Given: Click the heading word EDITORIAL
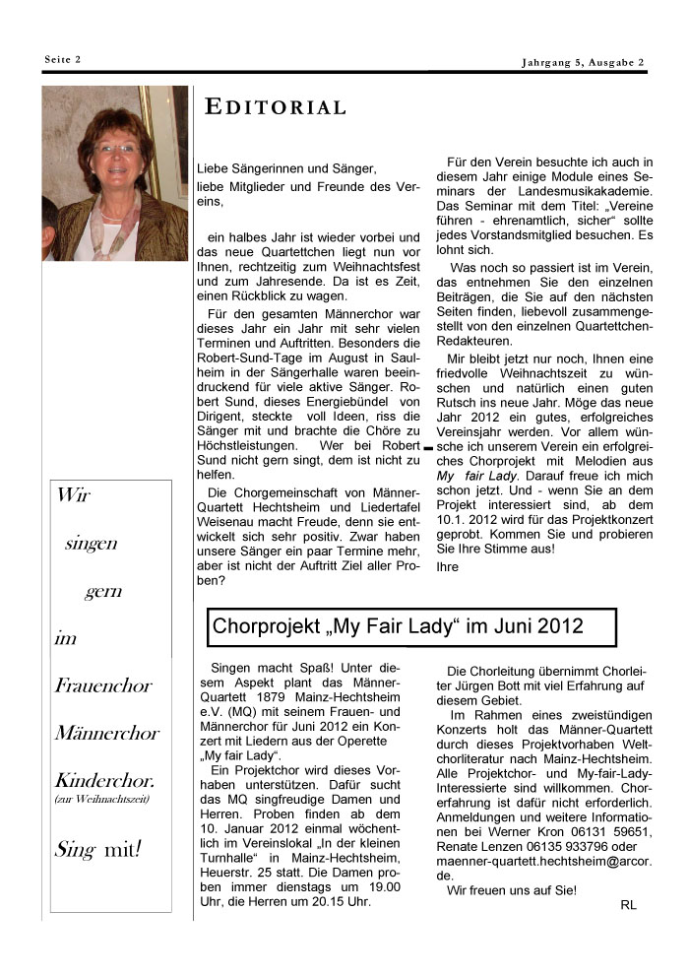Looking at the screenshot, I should (x=276, y=108).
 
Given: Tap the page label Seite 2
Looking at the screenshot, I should (x=63, y=59).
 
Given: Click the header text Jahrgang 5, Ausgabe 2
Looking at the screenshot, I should (x=583, y=64).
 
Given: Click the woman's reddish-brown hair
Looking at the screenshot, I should (x=117, y=123).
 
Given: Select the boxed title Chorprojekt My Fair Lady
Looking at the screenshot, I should (x=399, y=625).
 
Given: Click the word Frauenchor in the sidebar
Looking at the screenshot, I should (x=104, y=685).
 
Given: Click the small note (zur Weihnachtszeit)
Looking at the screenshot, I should (x=101, y=799).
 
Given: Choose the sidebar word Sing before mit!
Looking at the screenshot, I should (x=75, y=847).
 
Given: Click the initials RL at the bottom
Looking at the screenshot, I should (x=629, y=904).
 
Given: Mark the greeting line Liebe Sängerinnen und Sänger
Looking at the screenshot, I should (x=286, y=168).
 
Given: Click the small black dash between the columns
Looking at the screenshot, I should (x=428, y=448).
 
